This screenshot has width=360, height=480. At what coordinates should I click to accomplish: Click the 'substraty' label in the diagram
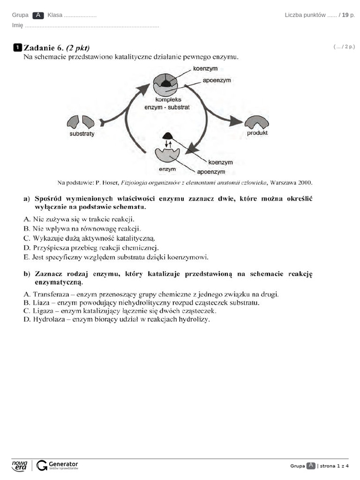82,134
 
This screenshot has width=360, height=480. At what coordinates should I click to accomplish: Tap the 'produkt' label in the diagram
257,133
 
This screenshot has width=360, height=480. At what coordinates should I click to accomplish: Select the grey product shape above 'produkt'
257,122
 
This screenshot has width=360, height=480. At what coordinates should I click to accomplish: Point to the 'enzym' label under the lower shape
167,169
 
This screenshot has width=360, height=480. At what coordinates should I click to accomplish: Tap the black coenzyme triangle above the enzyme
167,135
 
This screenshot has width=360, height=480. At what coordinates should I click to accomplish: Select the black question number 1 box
17,47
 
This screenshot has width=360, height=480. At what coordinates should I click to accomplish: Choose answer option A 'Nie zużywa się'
79,219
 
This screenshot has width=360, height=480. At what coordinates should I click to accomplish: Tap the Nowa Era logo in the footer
20,465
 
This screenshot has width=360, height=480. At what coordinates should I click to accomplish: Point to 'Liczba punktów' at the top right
305,15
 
